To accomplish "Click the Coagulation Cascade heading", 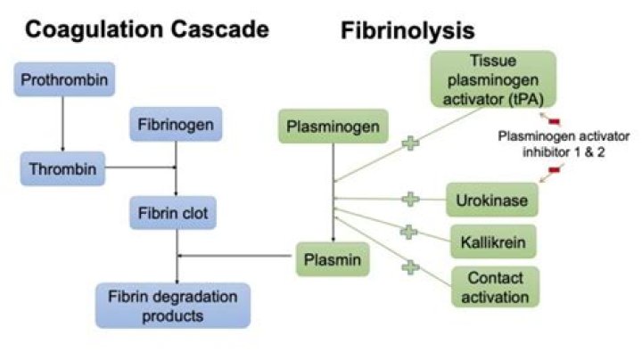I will [146, 29].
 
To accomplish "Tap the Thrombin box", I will [62, 166].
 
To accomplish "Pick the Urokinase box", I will [493, 200].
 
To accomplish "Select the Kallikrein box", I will [493, 241].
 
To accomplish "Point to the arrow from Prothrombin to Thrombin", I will [62, 123].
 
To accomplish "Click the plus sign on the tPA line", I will [410, 140].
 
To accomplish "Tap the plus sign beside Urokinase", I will [409, 199].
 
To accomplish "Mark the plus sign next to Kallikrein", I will [408, 232].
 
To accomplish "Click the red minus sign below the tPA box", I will [552, 120].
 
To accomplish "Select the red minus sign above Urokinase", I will [552, 170].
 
